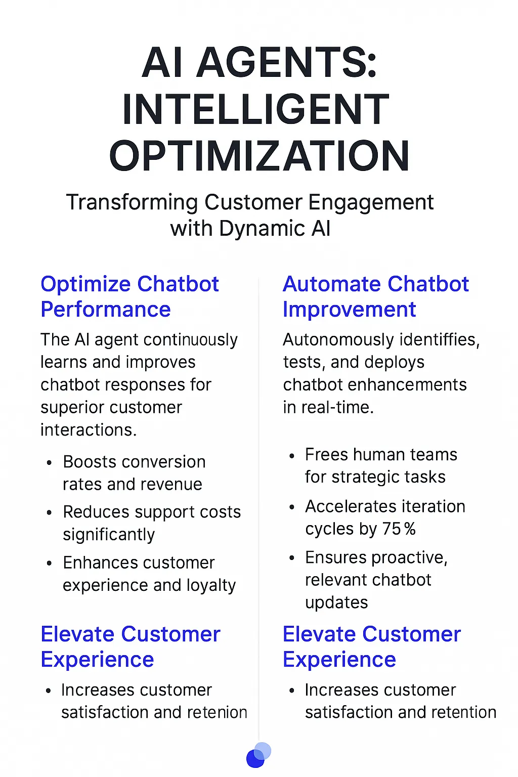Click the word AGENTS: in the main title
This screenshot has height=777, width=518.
pyautogui.click(x=286, y=63)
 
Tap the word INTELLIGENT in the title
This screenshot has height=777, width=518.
pyautogui.click(x=256, y=109)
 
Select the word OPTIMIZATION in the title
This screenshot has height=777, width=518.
pyautogui.click(x=259, y=156)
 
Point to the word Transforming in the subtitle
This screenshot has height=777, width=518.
pyautogui.click(x=132, y=202)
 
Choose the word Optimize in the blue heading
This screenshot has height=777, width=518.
pyautogui.click(x=86, y=285)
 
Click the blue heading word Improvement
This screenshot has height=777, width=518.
pyautogui.click(x=349, y=310)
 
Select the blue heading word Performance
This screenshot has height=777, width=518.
pyautogui.click(x=106, y=310)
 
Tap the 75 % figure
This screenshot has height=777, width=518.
pyautogui.click(x=399, y=529)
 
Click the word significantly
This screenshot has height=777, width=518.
pyautogui.click(x=109, y=535)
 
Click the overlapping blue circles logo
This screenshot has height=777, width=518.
pyautogui.click(x=258, y=755)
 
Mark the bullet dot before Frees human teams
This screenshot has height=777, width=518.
pyautogui.click(x=292, y=456)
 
